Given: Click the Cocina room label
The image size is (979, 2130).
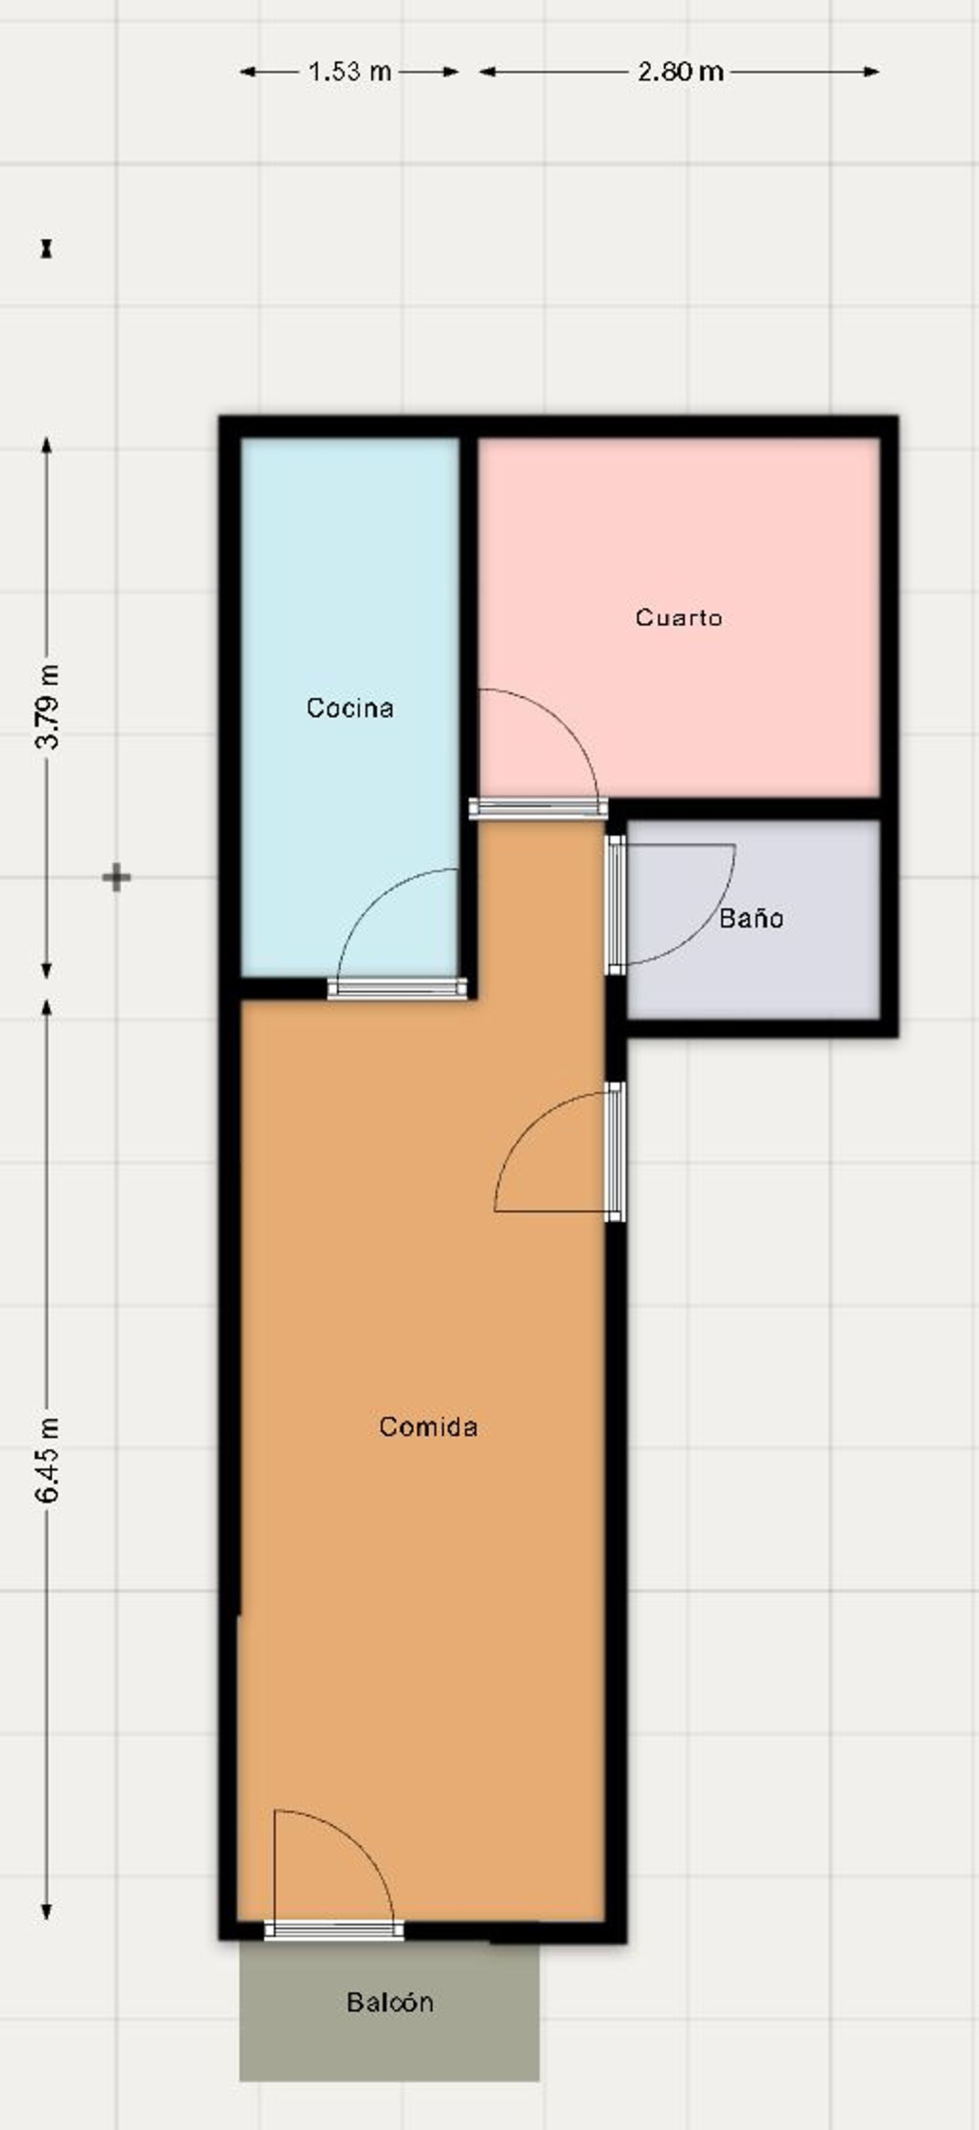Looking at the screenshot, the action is pyautogui.click(x=350, y=708).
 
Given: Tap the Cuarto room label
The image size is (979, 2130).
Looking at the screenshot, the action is pyautogui.click(x=679, y=618).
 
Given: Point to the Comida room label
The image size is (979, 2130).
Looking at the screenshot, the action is pyautogui.click(x=428, y=1427).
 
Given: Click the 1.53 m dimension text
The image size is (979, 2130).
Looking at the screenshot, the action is pyautogui.click(x=350, y=72).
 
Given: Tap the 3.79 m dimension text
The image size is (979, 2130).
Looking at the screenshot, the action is pyautogui.click(x=47, y=706).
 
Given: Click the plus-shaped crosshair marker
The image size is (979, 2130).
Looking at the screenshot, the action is pyautogui.click(x=117, y=877).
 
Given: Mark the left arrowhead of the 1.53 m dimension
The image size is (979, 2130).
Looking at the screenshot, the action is pyautogui.click(x=247, y=72).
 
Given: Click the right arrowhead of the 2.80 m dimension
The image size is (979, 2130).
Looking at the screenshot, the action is pyautogui.click(x=873, y=72).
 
